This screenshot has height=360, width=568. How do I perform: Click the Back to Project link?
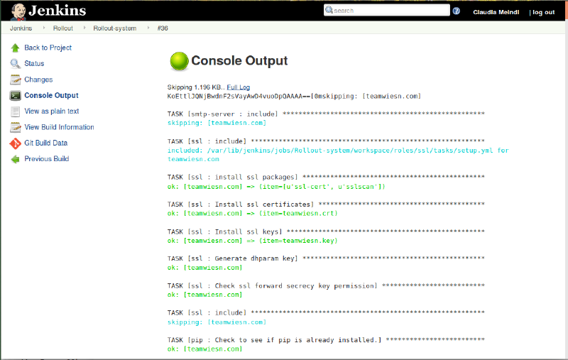(x=48, y=48)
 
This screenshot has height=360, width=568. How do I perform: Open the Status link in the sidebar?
(x=34, y=63)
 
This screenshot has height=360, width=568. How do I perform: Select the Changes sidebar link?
(x=38, y=80)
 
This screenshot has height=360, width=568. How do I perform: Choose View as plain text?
(x=51, y=111)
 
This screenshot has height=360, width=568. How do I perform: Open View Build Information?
(x=59, y=127)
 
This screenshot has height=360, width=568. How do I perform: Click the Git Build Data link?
(x=45, y=143)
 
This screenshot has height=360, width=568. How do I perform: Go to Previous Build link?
(x=46, y=158)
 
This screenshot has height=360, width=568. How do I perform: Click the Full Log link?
(x=239, y=87)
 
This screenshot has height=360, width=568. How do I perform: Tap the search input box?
(x=387, y=10)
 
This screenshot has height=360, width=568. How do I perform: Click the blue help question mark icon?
(x=457, y=11)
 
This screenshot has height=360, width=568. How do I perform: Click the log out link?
(x=543, y=12)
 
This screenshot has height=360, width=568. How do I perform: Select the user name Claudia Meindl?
(x=496, y=12)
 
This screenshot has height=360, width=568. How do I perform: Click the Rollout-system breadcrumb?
(x=115, y=28)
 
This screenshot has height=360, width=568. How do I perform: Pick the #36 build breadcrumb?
(x=163, y=28)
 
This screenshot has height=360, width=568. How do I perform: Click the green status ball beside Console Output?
(x=180, y=61)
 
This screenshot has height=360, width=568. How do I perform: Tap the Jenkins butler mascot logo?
(x=18, y=11)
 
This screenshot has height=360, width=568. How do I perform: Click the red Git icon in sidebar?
(x=15, y=143)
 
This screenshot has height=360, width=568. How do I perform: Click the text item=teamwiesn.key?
(x=298, y=241)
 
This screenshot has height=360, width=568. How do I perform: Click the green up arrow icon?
(x=15, y=48)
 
